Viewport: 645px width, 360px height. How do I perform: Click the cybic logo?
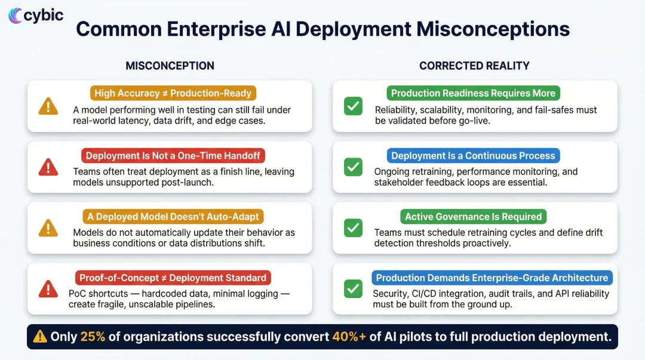[36, 15]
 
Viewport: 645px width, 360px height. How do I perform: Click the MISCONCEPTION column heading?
[170, 66]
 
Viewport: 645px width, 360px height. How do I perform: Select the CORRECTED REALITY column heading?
[474, 66]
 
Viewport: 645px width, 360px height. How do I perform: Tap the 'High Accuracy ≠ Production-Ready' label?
[174, 93]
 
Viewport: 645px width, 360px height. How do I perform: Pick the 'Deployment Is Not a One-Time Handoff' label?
[174, 156]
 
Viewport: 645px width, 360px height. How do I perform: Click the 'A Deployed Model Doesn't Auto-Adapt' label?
[174, 217]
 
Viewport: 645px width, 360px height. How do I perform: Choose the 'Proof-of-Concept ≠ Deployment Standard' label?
[173, 278]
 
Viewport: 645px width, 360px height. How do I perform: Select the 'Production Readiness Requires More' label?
[473, 93]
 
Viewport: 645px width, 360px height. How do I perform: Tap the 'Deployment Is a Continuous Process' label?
[473, 156]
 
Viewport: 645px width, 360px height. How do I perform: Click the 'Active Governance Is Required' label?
[473, 217]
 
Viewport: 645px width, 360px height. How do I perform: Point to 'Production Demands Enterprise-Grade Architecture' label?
[492, 278]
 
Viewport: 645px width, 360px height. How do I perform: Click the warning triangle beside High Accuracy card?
[48, 106]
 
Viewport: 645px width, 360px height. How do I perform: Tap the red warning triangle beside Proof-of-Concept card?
[48, 289]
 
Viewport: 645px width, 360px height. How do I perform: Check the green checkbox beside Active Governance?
[353, 227]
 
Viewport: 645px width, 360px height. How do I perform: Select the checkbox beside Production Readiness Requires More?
[353, 106]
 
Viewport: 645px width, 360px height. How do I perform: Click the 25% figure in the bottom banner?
[93, 337]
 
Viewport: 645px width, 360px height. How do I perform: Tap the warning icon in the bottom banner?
[40, 337]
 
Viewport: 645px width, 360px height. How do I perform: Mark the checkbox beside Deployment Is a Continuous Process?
[353, 167]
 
